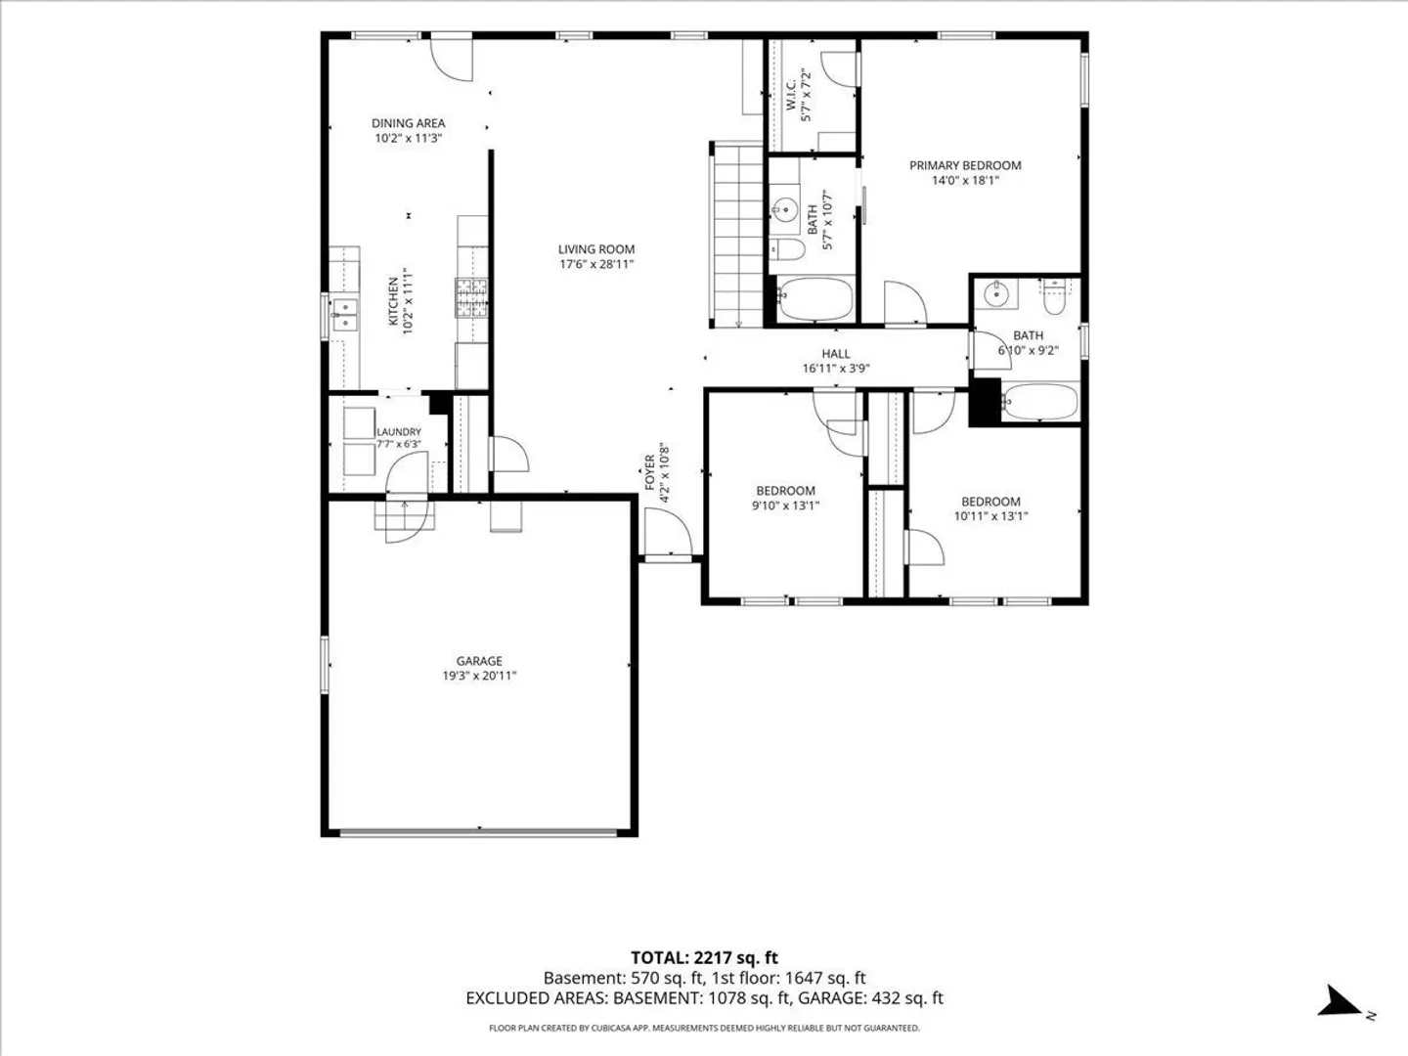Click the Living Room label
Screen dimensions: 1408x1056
(x=595, y=249)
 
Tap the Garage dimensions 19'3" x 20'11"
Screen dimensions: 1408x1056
(x=479, y=675)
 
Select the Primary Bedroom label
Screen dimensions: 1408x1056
(x=965, y=165)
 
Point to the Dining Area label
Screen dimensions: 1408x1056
(x=408, y=123)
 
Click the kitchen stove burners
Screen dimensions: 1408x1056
(x=471, y=297)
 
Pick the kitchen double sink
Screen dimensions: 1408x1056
(x=344, y=315)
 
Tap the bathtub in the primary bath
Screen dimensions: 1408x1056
(x=814, y=299)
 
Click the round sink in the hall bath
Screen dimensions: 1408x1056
(x=995, y=295)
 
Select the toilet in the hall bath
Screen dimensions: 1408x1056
(x=1055, y=297)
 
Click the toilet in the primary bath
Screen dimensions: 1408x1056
(x=787, y=249)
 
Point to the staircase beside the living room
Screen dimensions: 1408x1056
(x=736, y=235)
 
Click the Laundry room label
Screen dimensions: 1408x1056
(x=399, y=432)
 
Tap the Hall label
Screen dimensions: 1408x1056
(x=836, y=353)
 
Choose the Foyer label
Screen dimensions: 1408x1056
(x=650, y=472)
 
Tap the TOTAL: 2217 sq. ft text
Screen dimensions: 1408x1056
(x=704, y=958)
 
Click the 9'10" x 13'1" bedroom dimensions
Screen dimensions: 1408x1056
(x=786, y=506)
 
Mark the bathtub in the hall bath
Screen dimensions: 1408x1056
(x=1040, y=402)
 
